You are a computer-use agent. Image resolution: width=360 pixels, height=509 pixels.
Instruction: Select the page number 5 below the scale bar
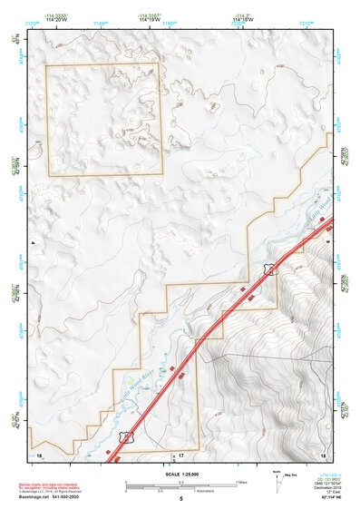(x=181, y=500)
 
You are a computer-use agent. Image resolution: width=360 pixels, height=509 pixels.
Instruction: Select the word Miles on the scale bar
(x=241, y=482)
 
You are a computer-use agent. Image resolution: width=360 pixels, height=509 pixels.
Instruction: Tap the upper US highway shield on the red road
(x=269, y=268)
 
